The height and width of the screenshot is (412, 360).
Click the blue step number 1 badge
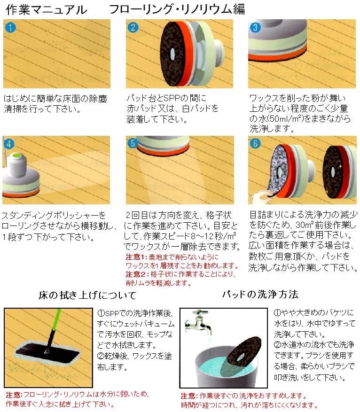[10, 27]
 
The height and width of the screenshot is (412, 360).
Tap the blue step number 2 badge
[133, 27]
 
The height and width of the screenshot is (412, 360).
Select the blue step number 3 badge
[255, 27]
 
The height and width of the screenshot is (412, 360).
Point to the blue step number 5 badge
[133, 143]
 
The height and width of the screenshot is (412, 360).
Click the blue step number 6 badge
[255, 143]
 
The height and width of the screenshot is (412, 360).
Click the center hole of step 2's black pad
[172, 54]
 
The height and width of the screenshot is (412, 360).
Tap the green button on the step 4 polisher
[16, 155]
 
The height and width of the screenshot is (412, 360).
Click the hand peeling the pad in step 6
[261, 197]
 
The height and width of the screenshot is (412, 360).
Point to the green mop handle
[55, 320]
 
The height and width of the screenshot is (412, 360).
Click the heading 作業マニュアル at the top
[47, 10]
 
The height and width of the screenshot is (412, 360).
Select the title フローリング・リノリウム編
[177, 9]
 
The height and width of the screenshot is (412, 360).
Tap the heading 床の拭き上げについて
[87, 295]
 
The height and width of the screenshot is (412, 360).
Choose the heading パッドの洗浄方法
[260, 294]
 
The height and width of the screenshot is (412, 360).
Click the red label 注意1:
[137, 257]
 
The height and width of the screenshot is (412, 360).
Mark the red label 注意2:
[137, 274]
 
